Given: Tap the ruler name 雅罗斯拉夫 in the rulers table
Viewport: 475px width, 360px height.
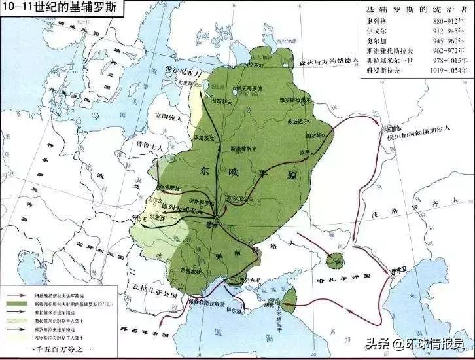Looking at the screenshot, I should point(381,67).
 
